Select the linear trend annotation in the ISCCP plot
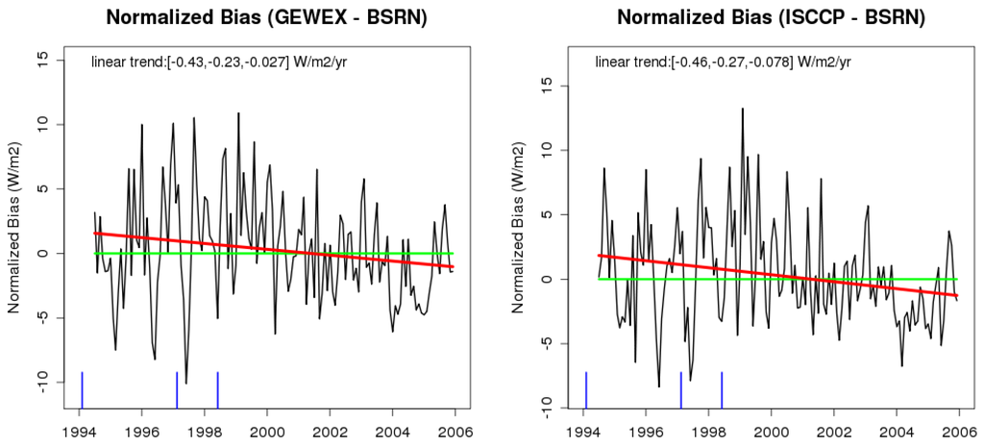pyautogui.click(x=721, y=62)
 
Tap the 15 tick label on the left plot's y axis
pyautogui.click(x=41, y=60)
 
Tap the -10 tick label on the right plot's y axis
pyautogui.click(x=546, y=404)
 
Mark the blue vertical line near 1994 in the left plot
pyautogui.click(x=82, y=389)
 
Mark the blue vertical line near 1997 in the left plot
pyautogui.click(x=177, y=389)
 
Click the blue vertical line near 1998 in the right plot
pyautogui.click(x=722, y=389)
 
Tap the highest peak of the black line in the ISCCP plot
pyautogui.click(x=742, y=109)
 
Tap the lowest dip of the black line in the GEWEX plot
pyautogui.click(x=186, y=383)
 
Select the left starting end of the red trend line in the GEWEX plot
pyautogui.click(x=94, y=233)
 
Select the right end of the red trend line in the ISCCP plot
pyautogui.click(x=958, y=295)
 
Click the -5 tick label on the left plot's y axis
pyautogui.click(x=41, y=317)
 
